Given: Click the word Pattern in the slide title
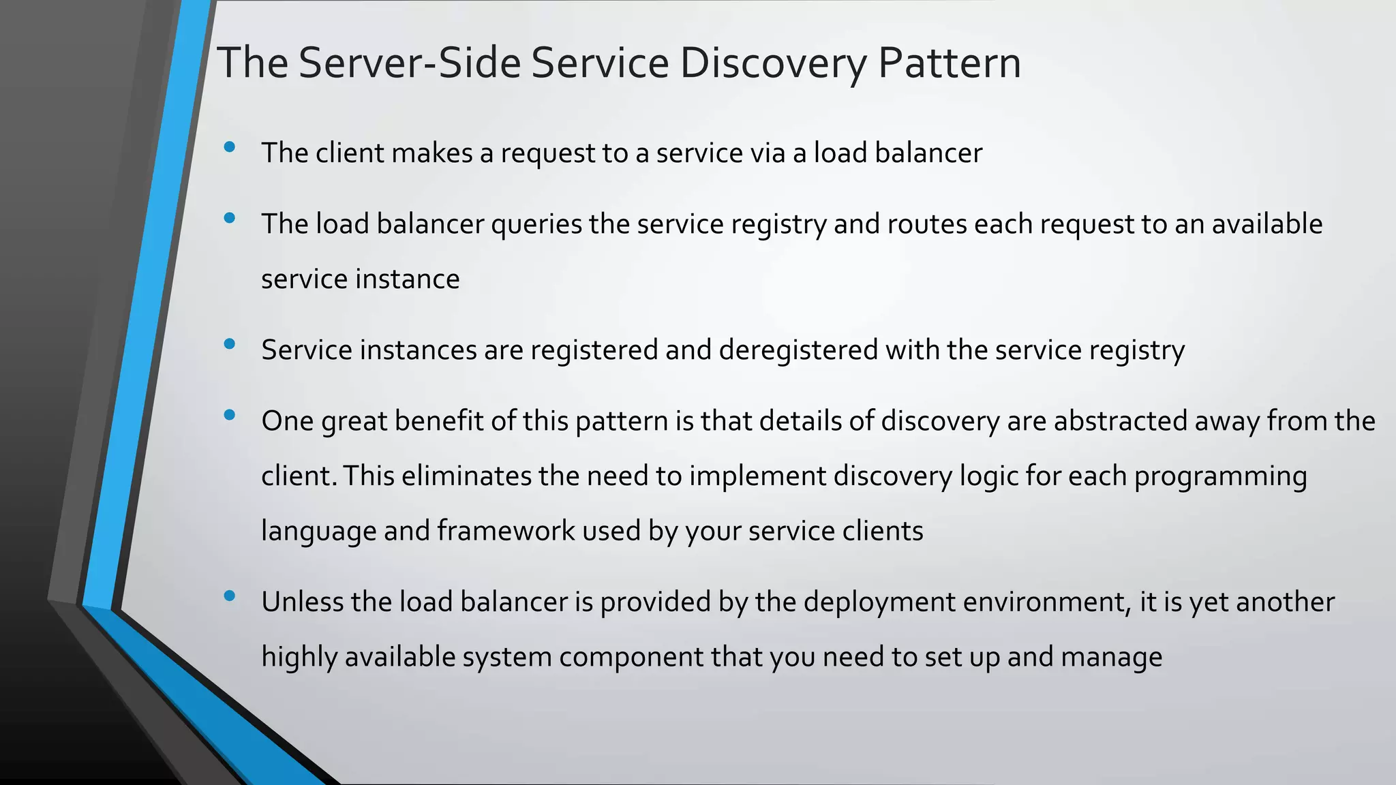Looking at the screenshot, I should click(x=949, y=63).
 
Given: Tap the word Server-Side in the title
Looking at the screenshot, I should click(x=409, y=63).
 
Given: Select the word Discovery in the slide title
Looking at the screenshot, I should click(x=774, y=63).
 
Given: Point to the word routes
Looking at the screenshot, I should click(x=927, y=224).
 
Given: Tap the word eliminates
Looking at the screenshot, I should click(x=466, y=476).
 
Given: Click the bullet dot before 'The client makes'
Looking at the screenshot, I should click(x=229, y=147).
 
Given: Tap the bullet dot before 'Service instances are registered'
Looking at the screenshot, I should click(x=229, y=344).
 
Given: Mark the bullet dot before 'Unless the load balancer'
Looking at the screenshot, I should click(x=229, y=596).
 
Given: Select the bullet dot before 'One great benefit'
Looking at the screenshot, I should click(x=229, y=415).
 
